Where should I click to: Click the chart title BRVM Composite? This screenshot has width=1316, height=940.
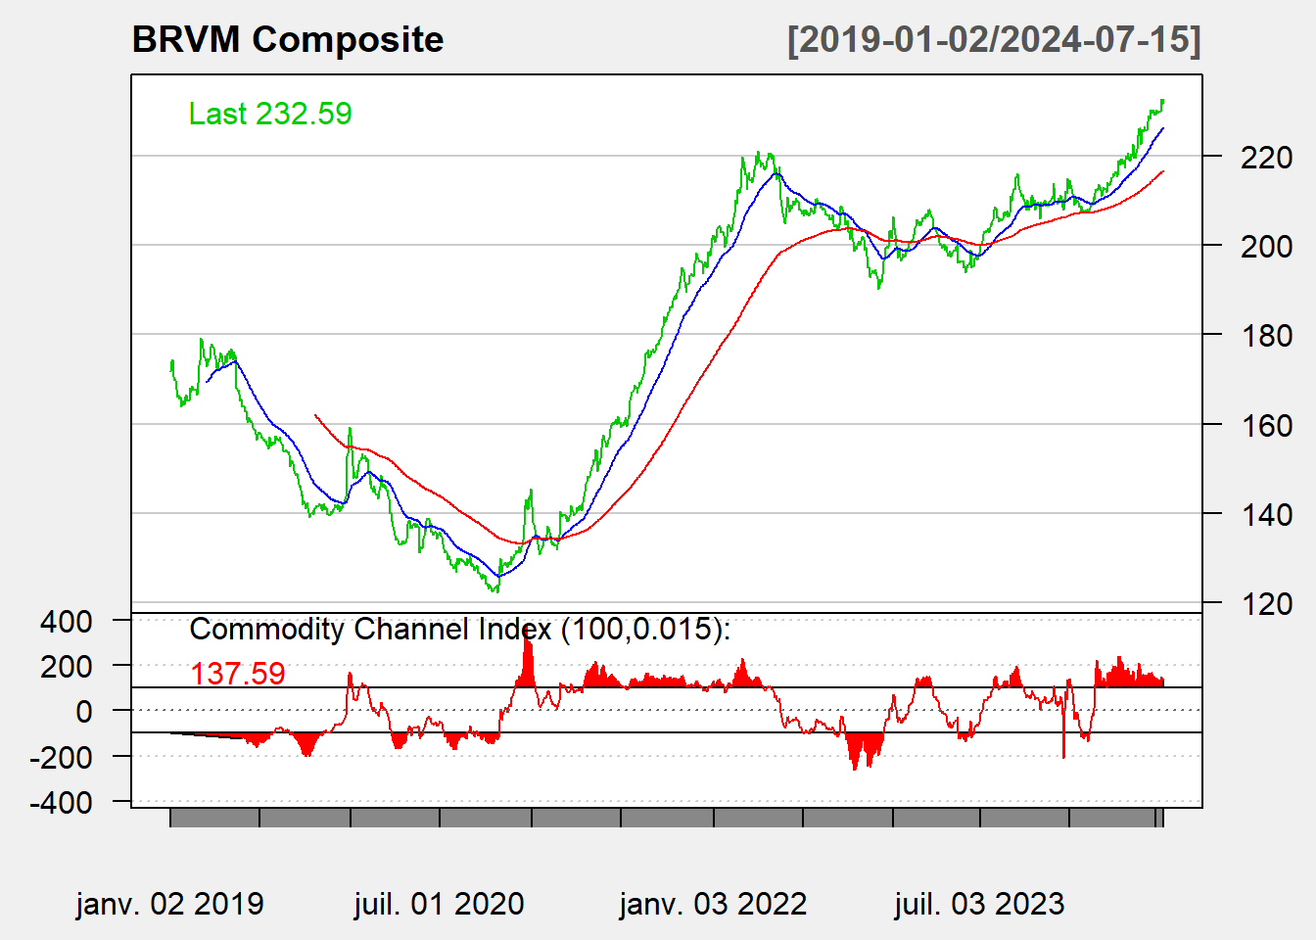287,40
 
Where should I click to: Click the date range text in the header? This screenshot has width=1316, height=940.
994,40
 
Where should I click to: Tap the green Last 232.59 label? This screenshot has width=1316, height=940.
270,114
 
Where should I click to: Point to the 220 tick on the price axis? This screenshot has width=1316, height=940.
1266,157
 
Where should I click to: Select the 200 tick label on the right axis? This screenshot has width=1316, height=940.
1266,246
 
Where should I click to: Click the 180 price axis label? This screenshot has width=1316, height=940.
1266,335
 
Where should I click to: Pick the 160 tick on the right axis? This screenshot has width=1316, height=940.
1266,425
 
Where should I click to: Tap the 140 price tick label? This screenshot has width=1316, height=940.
1266,514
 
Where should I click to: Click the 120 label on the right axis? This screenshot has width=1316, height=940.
1266,603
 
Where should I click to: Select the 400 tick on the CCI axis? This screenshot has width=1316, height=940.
67,621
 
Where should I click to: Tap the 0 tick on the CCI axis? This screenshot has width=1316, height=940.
85,711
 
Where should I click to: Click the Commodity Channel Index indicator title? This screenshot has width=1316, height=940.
459,629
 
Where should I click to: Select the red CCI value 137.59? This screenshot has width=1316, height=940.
238,674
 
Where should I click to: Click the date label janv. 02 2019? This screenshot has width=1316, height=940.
169,904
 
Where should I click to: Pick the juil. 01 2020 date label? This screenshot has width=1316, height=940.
439,904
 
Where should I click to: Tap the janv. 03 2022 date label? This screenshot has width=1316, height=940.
713,904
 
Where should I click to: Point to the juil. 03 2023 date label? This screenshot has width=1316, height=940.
979,904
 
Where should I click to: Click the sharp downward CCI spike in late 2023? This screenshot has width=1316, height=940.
1063,749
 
